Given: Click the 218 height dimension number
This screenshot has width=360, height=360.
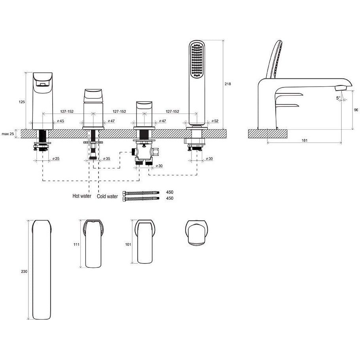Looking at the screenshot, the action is (x=227, y=84).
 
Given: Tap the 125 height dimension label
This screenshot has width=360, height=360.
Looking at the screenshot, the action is (x=22, y=102).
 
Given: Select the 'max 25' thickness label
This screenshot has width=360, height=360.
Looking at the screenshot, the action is (x=8, y=134).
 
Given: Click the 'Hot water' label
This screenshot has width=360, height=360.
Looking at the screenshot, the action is (x=82, y=196).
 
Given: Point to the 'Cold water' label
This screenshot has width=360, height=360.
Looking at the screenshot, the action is (x=107, y=196).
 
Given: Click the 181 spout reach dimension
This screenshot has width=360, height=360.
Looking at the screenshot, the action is (x=304, y=140).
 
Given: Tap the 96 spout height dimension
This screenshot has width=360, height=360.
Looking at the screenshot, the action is (x=356, y=110).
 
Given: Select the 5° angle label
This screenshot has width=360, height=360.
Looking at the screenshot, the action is (x=338, y=98).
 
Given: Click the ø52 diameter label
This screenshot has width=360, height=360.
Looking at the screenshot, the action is (x=215, y=121).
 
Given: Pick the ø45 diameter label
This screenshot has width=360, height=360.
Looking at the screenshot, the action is (x=61, y=121).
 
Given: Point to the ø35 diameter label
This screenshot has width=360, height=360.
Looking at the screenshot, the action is (x=106, y=159).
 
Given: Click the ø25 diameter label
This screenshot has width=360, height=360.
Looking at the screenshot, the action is (x=56, y=159).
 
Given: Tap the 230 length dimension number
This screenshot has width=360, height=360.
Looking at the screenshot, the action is (x=24, y=271).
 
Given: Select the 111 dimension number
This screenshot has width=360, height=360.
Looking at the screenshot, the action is (x=76, y=244).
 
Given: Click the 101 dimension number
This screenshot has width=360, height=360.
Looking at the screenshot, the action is (x=128, y=244).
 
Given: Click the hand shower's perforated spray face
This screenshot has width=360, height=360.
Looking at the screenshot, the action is (x=197, y=60).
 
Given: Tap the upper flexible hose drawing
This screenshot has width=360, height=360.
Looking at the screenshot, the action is (x=141, y=193).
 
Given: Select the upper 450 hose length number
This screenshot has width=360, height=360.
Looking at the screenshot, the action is (x=170, y=192).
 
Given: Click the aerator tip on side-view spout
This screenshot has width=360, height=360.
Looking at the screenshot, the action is (x=341, y=88).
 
